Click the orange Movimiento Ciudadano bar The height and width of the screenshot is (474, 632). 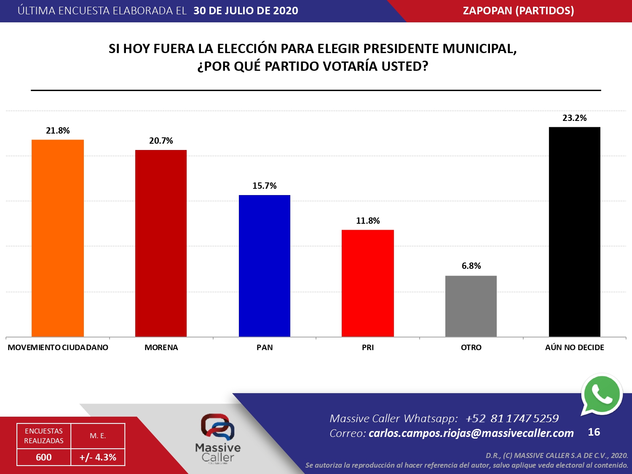tap(58, 238)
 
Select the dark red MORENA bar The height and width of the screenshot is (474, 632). tap(161, 243)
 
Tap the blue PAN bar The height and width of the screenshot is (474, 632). tap(265, 265)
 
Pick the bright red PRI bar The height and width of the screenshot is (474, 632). tap(368, 283)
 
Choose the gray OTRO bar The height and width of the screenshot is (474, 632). tap(471, 306)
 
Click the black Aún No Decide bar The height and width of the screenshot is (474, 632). tap(575, 232)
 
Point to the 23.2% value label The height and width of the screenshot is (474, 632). tap(575, 118)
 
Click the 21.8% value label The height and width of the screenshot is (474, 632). tap(58, 131)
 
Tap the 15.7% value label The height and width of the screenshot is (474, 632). tap(265, 186)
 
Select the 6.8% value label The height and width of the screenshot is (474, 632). tap(471, 266)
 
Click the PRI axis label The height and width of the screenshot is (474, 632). tap(368, 348)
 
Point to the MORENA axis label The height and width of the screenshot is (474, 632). tap(161, 348)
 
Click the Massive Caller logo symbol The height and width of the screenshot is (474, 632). tap(217, 427)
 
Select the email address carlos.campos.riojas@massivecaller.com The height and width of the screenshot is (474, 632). tap(471, 433)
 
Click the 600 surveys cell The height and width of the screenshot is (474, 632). tap(44, 457)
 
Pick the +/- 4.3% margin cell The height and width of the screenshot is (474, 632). tap(98, 457)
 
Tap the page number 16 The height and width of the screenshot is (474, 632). tap(594, 432)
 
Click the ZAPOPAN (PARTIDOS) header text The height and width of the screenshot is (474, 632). tap(518, 11)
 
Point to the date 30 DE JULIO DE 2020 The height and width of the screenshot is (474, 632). tap(246, 11)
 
